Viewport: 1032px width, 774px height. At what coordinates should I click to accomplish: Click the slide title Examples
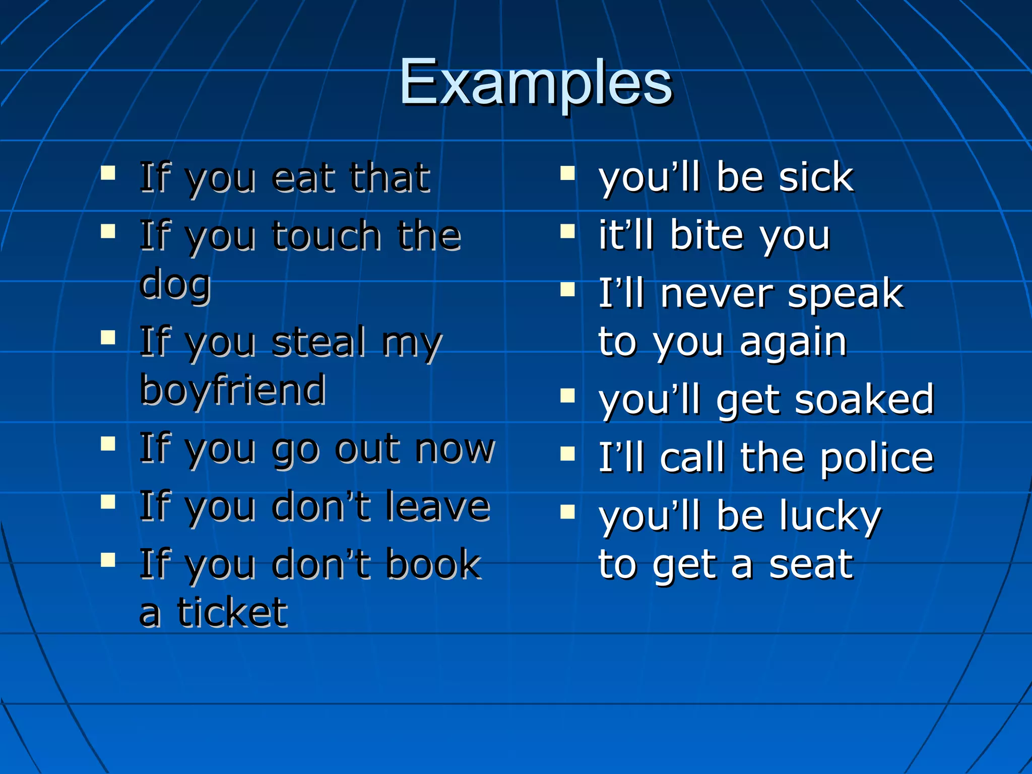tap(536, 83)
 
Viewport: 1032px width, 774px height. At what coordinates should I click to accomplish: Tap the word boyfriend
tap(233, 390)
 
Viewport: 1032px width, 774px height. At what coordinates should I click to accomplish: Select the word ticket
tap(232, 613)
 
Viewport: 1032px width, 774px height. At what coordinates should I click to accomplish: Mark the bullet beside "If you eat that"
tap(108, 174)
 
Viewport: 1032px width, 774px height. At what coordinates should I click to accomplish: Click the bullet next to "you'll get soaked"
tap(567, 396)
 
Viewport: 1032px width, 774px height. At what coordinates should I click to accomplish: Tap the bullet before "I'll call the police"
tap(567, 454)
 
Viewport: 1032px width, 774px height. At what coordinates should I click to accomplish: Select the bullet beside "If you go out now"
tap(108, 444)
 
